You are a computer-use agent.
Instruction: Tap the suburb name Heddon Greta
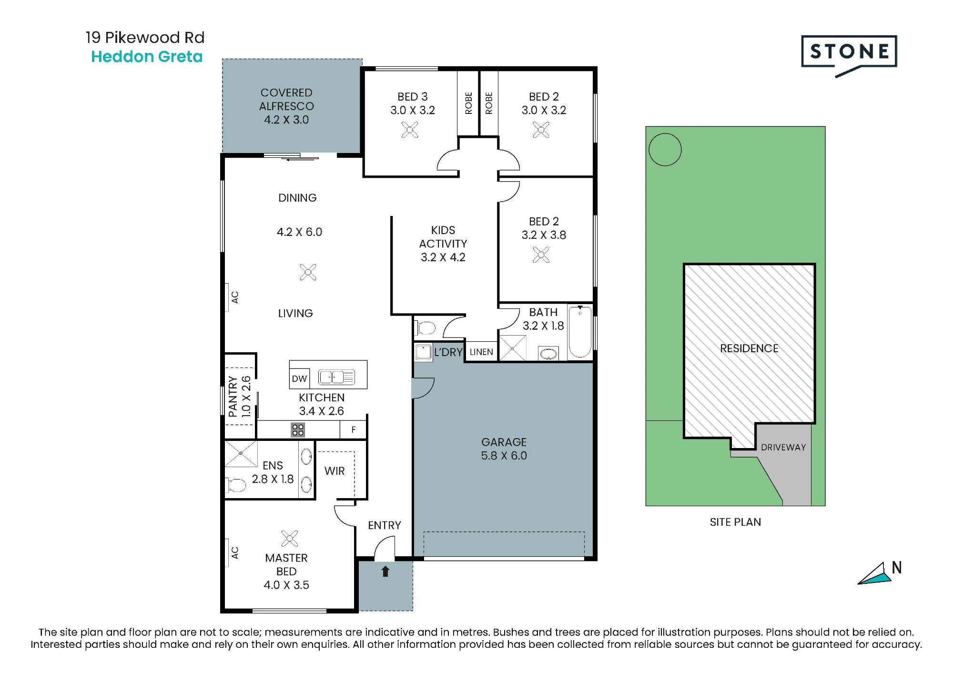(x=147, y=57)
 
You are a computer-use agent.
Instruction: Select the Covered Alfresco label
(x=286, y=106)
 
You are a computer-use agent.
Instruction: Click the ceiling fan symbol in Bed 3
(x=410, y=130)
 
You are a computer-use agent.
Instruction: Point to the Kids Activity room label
(x=443, y=244)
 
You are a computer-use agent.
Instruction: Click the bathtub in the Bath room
(x=580, y=331)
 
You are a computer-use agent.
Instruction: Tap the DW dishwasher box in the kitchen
(x=299, y=378)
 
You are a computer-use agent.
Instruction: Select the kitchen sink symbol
(x=336, y=378)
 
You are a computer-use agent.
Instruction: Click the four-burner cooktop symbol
(x=298, y=429)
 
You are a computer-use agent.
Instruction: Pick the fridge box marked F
(x=353, y=429)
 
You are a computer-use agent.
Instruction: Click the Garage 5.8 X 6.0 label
(x=504, y=449)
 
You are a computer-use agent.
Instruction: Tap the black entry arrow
(x=385, y=571)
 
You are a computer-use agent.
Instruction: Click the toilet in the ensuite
(x=235, y=485)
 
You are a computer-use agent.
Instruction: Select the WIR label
(x=335, y=471)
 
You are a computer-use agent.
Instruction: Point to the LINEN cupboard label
(x=481, y=352)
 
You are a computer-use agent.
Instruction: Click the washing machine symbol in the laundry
(x=423, y=352)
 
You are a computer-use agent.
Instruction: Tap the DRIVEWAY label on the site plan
(x=783, y=447)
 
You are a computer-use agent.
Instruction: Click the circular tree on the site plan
(x=665, y=150)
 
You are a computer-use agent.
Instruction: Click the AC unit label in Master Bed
(x=234, y=552)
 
